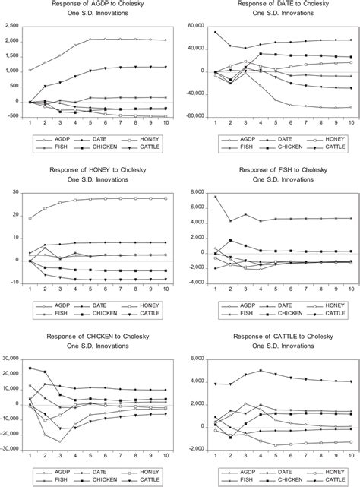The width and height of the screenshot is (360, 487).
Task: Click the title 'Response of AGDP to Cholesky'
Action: click(90, 5)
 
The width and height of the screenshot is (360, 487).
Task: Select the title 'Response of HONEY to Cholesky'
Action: click(90, 170)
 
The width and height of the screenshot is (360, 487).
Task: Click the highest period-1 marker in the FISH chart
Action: click(216, 197)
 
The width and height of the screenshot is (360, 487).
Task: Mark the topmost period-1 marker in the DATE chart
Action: click(216, 32)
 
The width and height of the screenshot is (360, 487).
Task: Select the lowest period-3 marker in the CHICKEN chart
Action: click(61, 441)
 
